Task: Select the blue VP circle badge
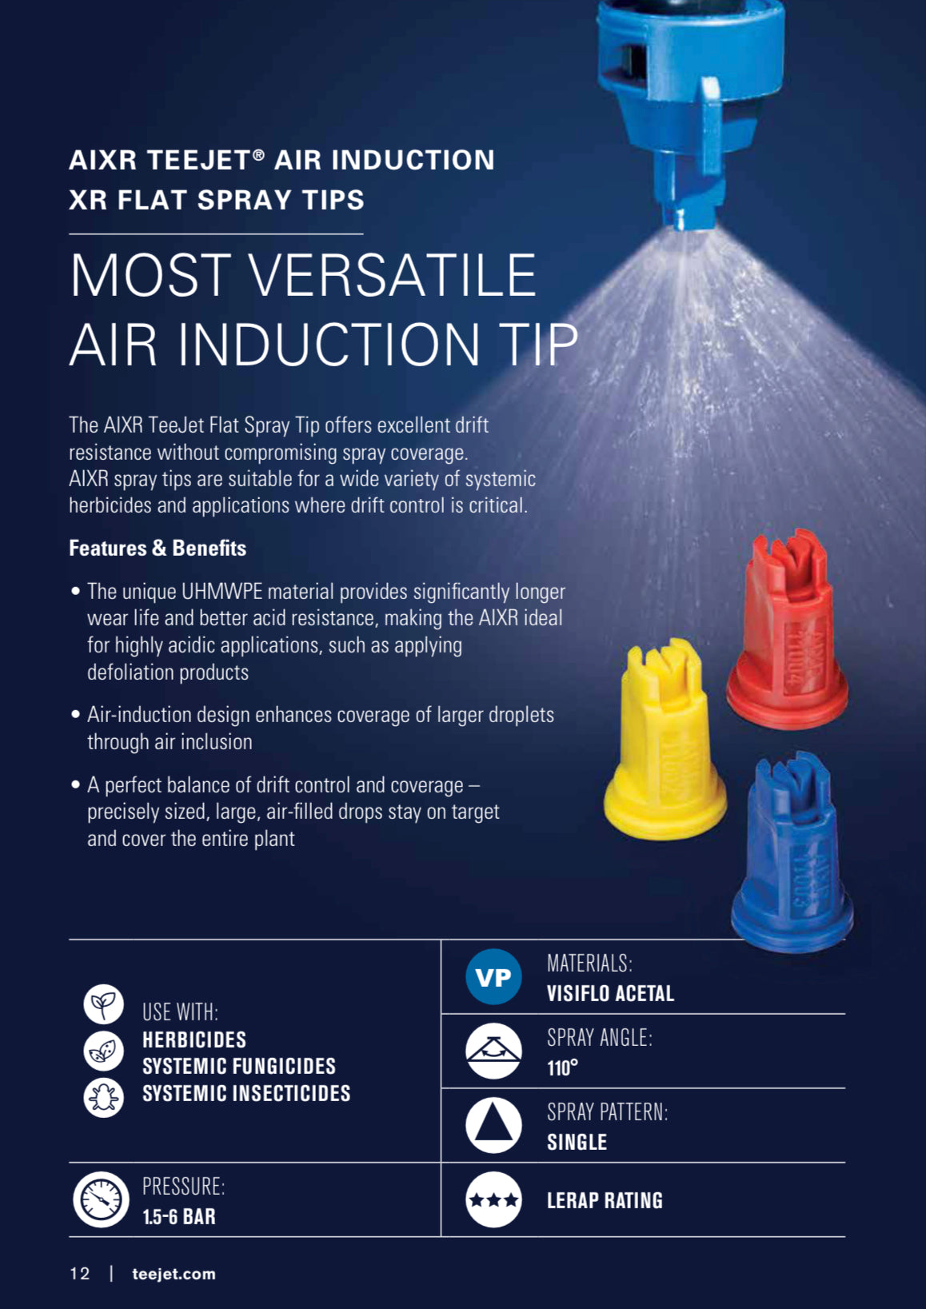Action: point(493,976)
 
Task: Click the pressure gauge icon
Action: point(101,1199)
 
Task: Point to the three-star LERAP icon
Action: point(493,1199)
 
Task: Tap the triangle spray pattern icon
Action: point(493,1125)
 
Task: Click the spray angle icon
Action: point(493,1051)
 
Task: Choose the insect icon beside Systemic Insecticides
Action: point(103,1098)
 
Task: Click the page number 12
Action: point(80,1274)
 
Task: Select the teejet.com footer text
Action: point(174,1274)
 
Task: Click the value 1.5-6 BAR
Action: point(179,1217)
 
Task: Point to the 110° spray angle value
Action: point(563,1068)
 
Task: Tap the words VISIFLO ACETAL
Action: point(610,993)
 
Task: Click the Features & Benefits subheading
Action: point(158,548)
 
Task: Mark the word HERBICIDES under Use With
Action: point(194,1040)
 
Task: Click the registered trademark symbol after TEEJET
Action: point(259,154)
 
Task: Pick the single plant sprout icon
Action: point(103,1004)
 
